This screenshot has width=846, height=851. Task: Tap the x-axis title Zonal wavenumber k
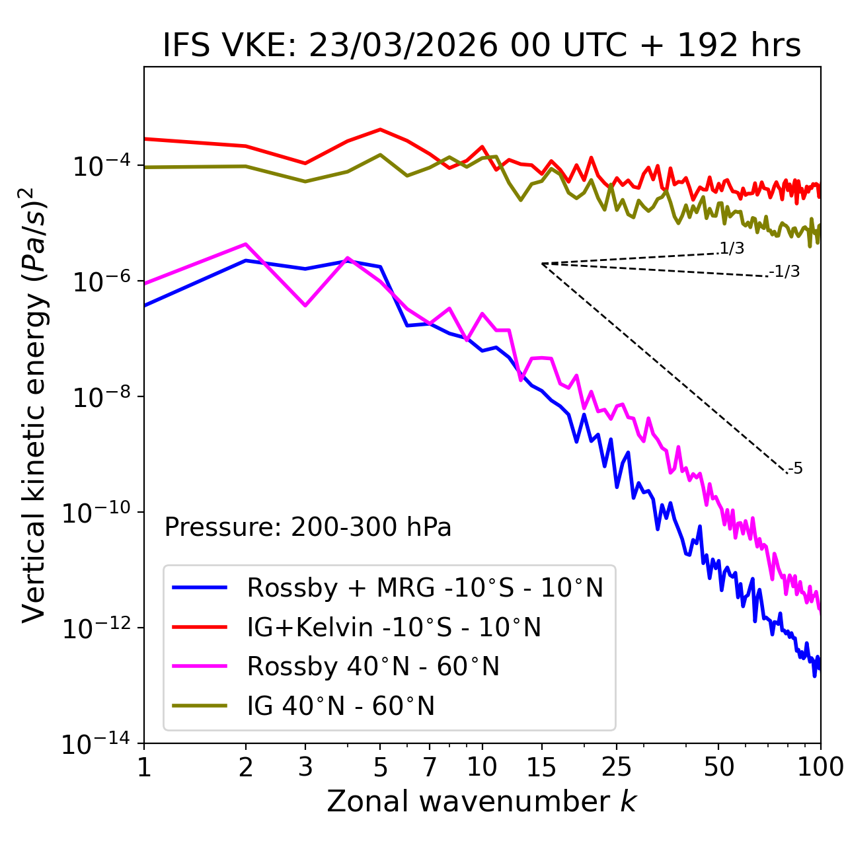(482, 801)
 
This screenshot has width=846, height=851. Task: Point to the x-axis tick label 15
(541, 767)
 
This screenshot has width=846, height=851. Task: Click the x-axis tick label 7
(430, 767)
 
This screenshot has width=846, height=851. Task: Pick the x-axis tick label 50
(718, 767)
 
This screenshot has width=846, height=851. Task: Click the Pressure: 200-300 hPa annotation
(308, 527)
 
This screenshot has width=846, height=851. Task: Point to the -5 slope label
(796, 469)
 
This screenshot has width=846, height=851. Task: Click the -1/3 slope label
(785, 272)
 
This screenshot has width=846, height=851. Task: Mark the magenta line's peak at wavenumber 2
(246, 244)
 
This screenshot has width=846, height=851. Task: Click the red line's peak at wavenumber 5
(380, 129)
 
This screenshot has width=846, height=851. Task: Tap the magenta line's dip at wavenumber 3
(305, 306)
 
